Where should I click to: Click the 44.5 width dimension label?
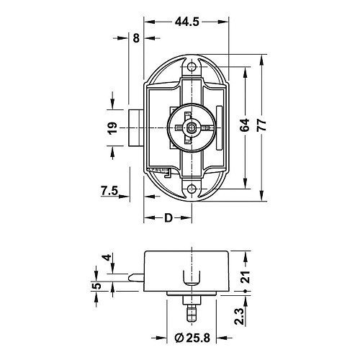click(186, 22)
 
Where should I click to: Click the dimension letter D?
click(168, 217)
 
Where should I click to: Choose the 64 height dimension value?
click(245, 124)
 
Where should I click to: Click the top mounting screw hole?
click(192, 67)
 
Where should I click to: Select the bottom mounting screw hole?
click(192, 189)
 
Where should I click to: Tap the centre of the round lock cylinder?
click(192, 128)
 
